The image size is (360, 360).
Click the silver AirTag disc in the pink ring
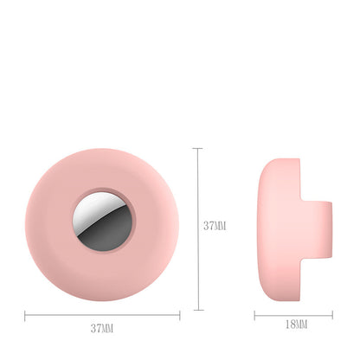102,225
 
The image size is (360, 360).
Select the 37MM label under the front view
101,328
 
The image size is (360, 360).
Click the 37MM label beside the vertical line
215,226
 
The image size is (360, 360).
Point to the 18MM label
296,325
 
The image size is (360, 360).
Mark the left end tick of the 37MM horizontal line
25,315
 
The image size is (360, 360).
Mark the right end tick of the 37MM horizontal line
180,315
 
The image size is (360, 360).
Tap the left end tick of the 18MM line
254,315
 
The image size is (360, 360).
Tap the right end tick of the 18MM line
332,315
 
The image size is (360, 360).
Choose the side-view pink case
286,225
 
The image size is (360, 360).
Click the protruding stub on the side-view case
316,225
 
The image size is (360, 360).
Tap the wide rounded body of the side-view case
277,225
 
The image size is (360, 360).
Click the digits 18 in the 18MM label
289,325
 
